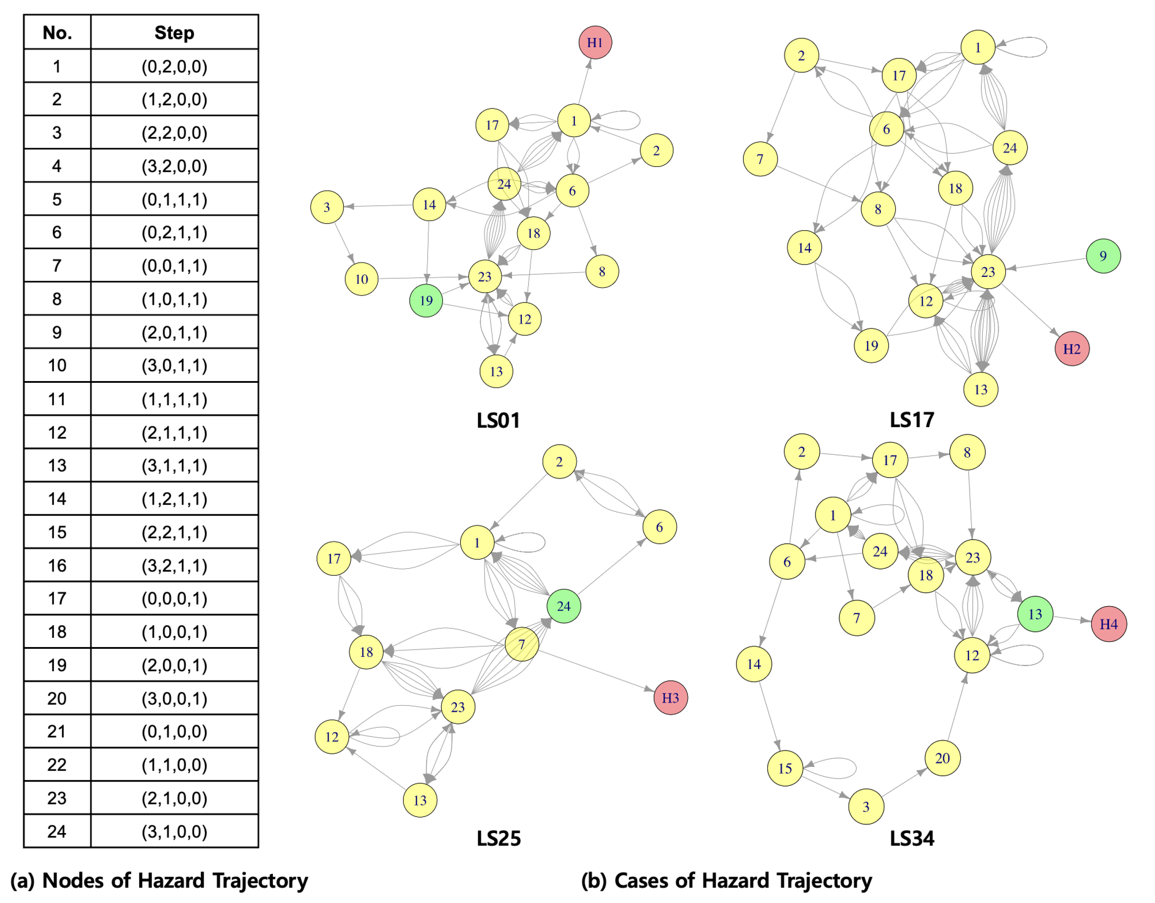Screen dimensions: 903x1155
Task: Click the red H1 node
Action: pyautogui.click(x=595, y=42)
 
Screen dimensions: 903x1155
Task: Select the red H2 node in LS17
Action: pyautogui.click(x=1071, y=349)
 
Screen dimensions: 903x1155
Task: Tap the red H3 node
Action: pyautogui.click(x=670, y=698)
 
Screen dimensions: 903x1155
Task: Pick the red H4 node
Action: pyautogui.click(x=1109, y=624)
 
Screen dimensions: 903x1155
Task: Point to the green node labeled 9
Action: pyautogui.click(x=1103, y=256)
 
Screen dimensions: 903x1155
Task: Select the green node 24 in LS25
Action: pyautogui.click(x=564, y=606)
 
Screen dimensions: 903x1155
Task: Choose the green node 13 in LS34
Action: pyautogui.click(x=1035, y=614)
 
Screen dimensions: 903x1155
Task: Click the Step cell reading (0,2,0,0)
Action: pyautogui.click(x=174, y=67)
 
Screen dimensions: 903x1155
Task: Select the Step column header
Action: pyautogui.click(x=174, y=33)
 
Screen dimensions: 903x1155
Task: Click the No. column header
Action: pyautogui.click(x=57, y=33)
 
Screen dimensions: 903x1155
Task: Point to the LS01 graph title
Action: pyautogui.click(x=498, y=420)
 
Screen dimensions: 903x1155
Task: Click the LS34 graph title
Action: pyautogui.click(x=912, y=838)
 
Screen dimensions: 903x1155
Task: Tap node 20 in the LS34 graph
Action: pyautogui.click(x=942, y=758)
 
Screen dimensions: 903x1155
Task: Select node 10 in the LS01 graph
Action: pyautogui.click(x=362, y=279)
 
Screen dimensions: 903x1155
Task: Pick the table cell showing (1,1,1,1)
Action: pyautogui.click(x=174, y=399)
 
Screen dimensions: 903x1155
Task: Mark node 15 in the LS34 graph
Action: pyautogui.click(x=785, y=769)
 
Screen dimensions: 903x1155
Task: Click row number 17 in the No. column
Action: pyautogui.click(x=57, y=599)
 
